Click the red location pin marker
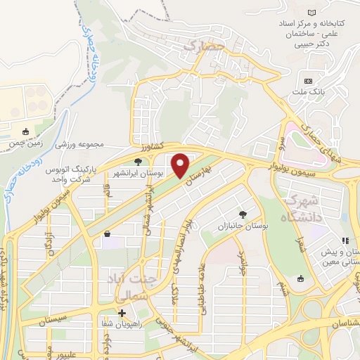(x=181, y=165)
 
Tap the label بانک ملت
(x=313, y=91)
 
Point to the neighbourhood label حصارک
(x=202, y=46)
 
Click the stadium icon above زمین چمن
(x=27, y=131)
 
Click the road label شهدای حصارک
(x=323, y=140)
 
